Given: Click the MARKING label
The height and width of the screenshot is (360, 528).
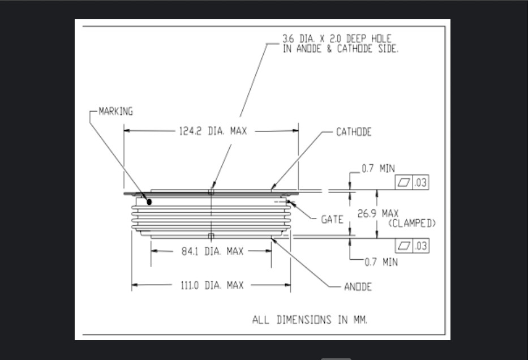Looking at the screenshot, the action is point(116,112).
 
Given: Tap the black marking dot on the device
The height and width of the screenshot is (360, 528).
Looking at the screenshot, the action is point(149,202).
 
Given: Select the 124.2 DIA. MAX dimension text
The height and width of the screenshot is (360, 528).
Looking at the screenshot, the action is point(213,131).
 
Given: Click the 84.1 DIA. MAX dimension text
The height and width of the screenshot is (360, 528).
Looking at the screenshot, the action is point(212,251).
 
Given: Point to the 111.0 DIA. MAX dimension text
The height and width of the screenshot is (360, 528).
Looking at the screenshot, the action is point(212,286).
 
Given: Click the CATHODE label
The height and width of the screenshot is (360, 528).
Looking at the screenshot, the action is point(354,132).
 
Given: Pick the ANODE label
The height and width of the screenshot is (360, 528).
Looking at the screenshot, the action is point(358,287).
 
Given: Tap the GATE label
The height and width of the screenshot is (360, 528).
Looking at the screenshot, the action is point(332,220).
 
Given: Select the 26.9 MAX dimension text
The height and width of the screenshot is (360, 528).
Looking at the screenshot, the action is point(378,213).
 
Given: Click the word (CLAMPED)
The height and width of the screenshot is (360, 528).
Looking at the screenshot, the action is point(412,223).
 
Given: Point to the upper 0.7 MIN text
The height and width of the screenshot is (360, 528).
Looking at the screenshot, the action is point(378,168).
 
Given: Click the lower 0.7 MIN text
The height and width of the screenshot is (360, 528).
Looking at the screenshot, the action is point(381,262).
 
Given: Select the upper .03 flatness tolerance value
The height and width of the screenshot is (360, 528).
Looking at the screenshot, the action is point(420,182).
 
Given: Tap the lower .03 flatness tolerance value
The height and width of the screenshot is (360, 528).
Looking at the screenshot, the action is point(421,246).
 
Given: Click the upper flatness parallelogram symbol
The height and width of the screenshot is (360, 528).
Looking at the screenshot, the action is point(403,182).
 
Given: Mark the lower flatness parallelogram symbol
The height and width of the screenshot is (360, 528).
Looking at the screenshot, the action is point(404,246).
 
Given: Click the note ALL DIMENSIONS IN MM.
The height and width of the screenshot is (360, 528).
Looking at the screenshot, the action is point(310,320).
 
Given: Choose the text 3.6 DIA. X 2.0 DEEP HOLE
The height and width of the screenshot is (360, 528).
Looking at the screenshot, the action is point(337,38).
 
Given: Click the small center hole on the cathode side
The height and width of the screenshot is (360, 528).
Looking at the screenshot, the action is point(211,192).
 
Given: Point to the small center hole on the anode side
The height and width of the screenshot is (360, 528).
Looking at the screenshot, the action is point(211,235).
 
